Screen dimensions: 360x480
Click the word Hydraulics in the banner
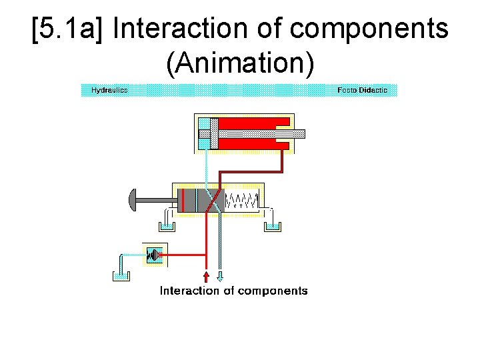(109, 90)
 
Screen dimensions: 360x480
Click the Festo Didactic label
(362, 90)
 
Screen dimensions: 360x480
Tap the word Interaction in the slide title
(199, 29)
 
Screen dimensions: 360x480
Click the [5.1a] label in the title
(69, 29)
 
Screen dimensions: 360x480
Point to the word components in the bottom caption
(272, 291)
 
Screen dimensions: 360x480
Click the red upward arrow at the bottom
(206, 276)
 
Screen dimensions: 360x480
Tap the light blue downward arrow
(221, 276)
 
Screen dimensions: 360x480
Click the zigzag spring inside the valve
(243, 200)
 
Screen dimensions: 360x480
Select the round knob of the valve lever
(132, 199)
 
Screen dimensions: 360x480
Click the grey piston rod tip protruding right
(297, 133)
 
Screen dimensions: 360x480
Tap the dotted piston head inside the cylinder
(213, 133)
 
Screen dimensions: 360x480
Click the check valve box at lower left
(155, 254)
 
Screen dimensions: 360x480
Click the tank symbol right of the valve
(272, 225)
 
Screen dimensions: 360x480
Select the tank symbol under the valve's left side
(166, 225)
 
